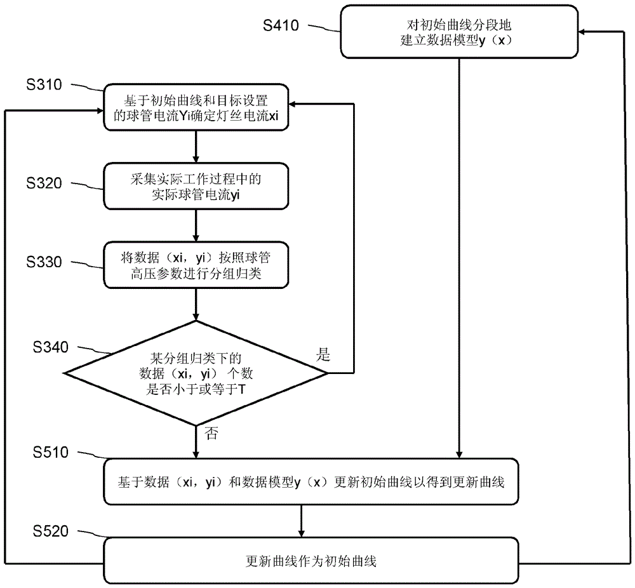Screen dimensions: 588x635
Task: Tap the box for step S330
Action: [x=197, y=264]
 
